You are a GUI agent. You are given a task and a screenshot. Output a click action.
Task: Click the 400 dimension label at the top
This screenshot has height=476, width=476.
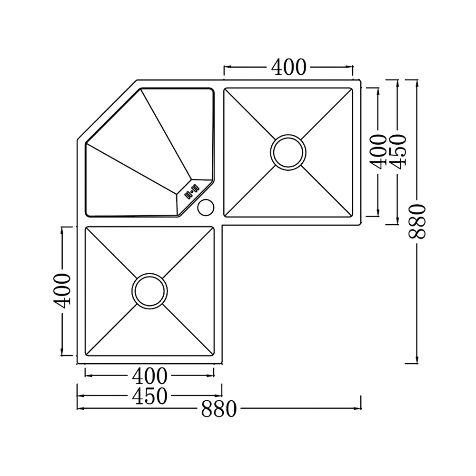288,67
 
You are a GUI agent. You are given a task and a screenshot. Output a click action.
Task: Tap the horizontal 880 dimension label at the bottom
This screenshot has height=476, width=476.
219,409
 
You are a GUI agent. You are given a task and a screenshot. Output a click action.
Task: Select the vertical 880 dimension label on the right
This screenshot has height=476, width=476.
417,222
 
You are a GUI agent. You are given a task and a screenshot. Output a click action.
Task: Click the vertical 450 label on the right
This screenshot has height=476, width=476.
398,152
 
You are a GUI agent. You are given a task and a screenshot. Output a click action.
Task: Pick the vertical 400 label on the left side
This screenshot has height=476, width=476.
62,291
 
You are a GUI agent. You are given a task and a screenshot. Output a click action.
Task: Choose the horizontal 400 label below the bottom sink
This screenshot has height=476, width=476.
149,376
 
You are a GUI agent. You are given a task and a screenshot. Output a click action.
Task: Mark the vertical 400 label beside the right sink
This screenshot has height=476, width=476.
378,152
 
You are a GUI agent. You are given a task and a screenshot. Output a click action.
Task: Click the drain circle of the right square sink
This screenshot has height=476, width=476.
288,152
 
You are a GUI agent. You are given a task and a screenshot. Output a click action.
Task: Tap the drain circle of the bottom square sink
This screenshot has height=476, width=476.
149,291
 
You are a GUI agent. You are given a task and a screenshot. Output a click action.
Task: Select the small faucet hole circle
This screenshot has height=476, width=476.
206,208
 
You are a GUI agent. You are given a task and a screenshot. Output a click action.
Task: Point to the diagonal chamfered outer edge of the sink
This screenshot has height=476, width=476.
107,109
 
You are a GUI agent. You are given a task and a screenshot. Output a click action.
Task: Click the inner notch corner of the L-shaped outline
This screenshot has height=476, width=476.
222,225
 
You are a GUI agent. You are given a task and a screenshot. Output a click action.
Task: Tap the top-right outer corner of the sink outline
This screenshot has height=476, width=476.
360,80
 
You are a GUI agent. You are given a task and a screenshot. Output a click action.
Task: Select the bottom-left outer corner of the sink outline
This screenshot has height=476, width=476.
77,363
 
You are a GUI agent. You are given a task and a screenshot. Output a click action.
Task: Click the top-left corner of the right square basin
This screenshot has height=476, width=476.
224,89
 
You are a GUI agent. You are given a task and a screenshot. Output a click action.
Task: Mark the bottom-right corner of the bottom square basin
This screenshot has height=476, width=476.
214,356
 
